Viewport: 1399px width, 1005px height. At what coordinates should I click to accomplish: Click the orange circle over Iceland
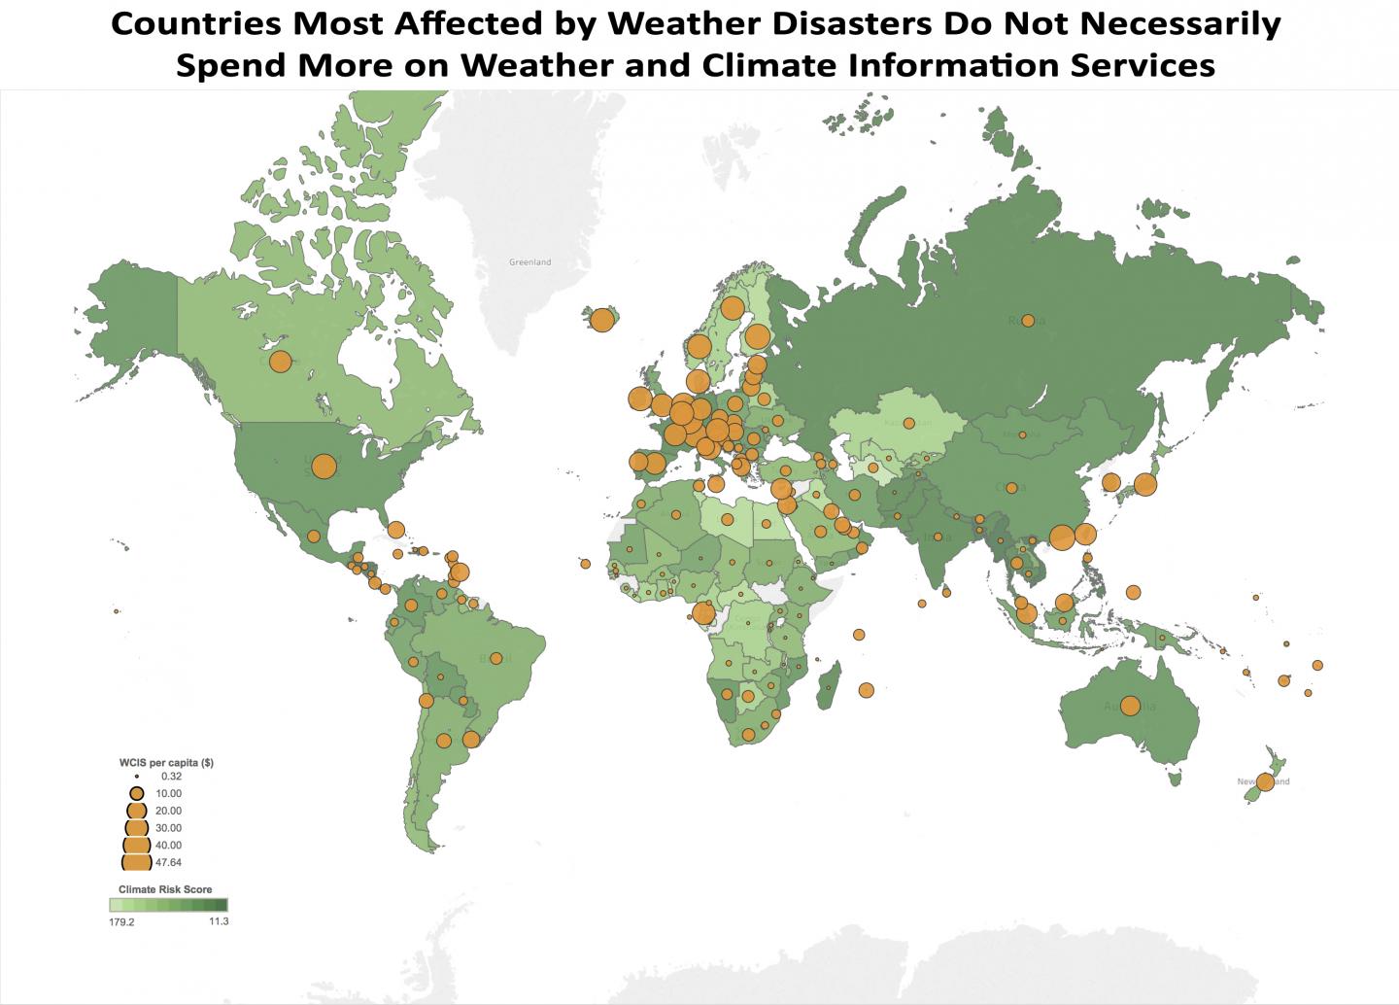point(601,320)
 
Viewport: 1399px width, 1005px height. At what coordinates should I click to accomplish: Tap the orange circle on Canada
point(280,362)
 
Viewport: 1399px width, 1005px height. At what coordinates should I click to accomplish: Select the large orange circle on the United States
point(324,467)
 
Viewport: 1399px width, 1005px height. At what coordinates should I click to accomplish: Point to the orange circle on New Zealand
point(1265,781)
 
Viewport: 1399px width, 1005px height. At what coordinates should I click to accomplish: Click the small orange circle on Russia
point(1027,321)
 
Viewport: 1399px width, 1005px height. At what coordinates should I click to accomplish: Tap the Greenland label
point(529,262)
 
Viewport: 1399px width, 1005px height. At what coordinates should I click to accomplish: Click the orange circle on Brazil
point(496,658)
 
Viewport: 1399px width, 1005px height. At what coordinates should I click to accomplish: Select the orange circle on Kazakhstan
point(908,423)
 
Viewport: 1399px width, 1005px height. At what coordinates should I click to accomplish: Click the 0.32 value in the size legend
point(170,777)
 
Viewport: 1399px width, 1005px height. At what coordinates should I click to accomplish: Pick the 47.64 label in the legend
point(168,862)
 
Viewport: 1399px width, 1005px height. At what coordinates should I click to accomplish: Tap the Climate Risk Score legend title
point(165,889)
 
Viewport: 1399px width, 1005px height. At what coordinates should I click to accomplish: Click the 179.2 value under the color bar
point(121,922)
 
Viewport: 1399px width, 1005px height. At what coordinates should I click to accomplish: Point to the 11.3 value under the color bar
point(218,921)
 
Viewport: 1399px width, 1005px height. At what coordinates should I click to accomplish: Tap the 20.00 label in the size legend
point(168,811)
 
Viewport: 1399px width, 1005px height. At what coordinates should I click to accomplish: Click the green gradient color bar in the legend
point(168,905)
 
